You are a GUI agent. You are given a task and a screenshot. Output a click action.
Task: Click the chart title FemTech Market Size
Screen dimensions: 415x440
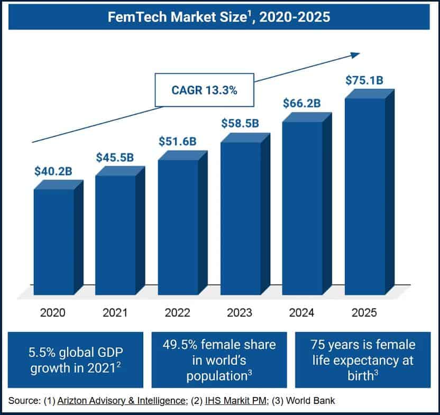(219, 16)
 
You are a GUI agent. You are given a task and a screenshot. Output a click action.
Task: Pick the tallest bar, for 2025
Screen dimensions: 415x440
(364, 196)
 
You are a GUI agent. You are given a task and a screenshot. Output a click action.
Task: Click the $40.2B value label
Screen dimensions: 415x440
(53, 171)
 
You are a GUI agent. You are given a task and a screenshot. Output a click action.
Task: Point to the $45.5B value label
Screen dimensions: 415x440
(115, 157)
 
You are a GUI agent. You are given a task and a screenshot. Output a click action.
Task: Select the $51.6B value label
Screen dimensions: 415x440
(178, 141)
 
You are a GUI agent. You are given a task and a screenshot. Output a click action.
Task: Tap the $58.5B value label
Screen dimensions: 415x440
(240, 124)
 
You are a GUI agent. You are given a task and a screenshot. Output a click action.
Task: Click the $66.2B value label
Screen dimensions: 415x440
(301, 103)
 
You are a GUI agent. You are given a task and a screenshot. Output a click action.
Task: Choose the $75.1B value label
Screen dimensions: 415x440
(364, 80)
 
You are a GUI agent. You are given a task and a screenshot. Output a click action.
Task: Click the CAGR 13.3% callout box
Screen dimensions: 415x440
(204, 89)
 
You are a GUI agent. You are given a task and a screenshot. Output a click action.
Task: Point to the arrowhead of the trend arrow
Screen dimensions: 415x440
(355, 54)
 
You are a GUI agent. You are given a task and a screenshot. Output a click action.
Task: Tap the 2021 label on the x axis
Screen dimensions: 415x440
(115, 312)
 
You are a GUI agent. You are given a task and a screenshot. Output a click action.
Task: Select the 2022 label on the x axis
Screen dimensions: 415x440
(177, 312)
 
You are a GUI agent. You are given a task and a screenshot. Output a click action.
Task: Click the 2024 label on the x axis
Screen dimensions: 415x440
(301, 312)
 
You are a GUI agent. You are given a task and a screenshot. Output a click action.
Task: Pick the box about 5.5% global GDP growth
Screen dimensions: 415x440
(76, 359)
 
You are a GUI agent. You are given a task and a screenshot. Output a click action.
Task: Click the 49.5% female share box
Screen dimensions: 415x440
(219, 359)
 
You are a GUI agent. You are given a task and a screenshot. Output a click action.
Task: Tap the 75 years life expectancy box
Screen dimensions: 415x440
(362, 359)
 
